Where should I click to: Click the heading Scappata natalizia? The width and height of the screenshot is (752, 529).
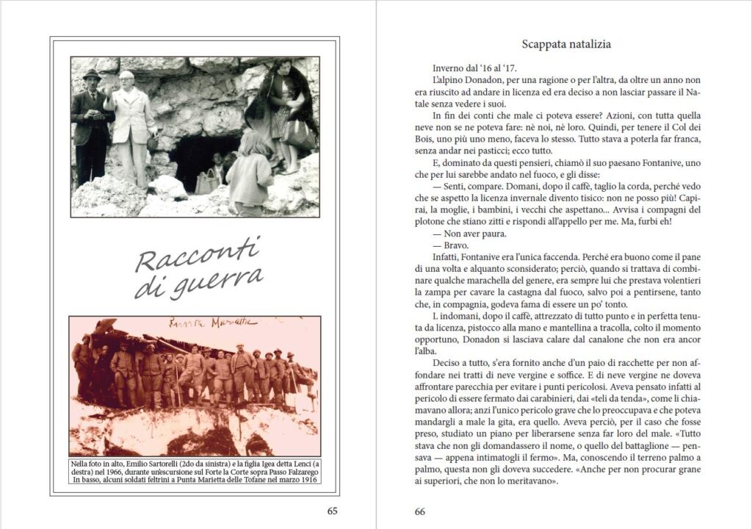coord(565,44)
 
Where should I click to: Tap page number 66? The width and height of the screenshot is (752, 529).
coord(419,511)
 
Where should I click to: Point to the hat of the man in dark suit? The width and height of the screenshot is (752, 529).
coord(92,75)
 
